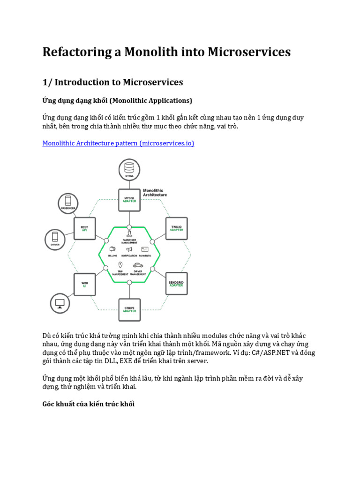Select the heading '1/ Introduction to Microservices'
(112, 82)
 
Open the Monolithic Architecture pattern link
(118, 143)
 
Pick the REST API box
(85, 228)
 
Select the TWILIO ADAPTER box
(176, 228)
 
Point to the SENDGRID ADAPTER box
(176, 283)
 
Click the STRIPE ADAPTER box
(129, 310)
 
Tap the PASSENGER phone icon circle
(68, 202)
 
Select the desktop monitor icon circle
(60, 303)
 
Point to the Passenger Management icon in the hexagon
(129, 233)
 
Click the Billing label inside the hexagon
(112, 256)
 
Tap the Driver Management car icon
(138, 265)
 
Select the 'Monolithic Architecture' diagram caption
(154, 192)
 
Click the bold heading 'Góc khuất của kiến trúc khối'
(89, 404)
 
